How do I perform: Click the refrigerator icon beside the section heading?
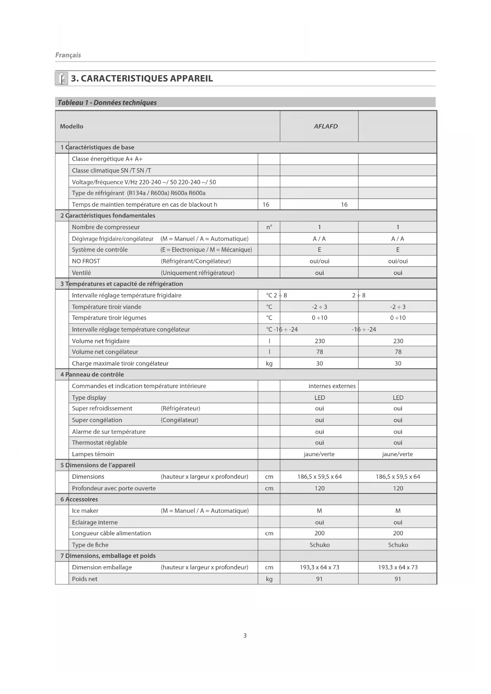(x=61, y=78)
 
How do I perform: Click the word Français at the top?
(x=68, y=55)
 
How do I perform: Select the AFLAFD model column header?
(x=326, y=126)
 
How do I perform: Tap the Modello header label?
(x=72, y=126)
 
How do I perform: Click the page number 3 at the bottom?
(x=245, y=635)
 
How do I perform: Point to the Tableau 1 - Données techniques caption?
(x=107, y=102)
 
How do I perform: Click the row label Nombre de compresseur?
(x=106, y=227)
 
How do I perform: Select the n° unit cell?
(x=269, y=227)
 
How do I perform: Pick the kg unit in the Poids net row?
(x=269, y=579)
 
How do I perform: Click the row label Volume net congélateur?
(x=105, y=352)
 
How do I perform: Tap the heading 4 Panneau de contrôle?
(x=92, y=374)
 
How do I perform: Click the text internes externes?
(x=332, y=386)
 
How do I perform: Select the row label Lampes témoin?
(x=93, y=454)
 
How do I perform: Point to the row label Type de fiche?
(x=90, y=545)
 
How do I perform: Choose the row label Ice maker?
(x=85, y=511)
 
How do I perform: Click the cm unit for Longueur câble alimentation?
(x=269, y=533)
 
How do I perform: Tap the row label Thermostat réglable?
(x=100, y=443)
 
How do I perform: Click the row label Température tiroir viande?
(x=106, y=307)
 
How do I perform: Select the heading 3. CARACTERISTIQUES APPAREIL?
(x=142, y=78)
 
